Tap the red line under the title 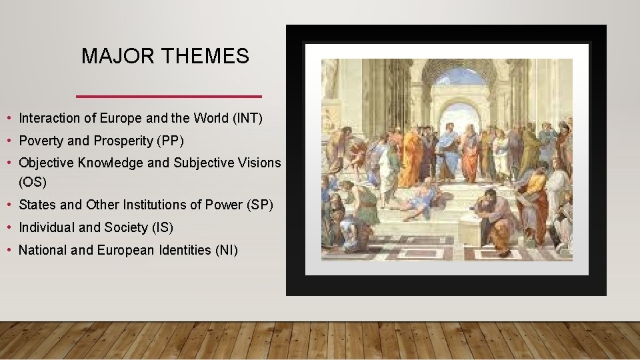(x=169, y=96)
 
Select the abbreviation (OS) (x=32, y=181)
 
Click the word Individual (x=47, y=227)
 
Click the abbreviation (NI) (x=225, y=250)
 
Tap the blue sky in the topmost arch (x=460, y=76)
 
